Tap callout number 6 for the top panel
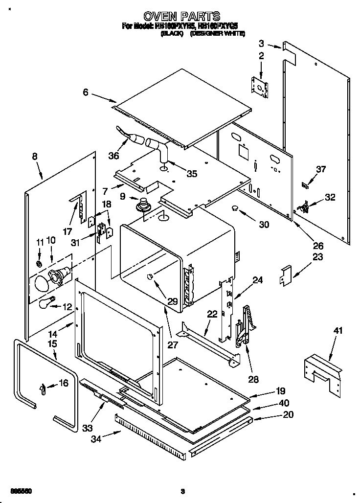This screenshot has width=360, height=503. click(x=86, y=91)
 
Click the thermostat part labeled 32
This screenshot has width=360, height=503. click(x=306, y=208)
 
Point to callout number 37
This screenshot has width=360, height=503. click(x=320, y=169)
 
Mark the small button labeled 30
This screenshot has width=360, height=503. click(x=235, y=208)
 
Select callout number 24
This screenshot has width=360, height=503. click(x=257, y=280)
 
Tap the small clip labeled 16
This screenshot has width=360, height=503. click(x=43, y=389)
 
